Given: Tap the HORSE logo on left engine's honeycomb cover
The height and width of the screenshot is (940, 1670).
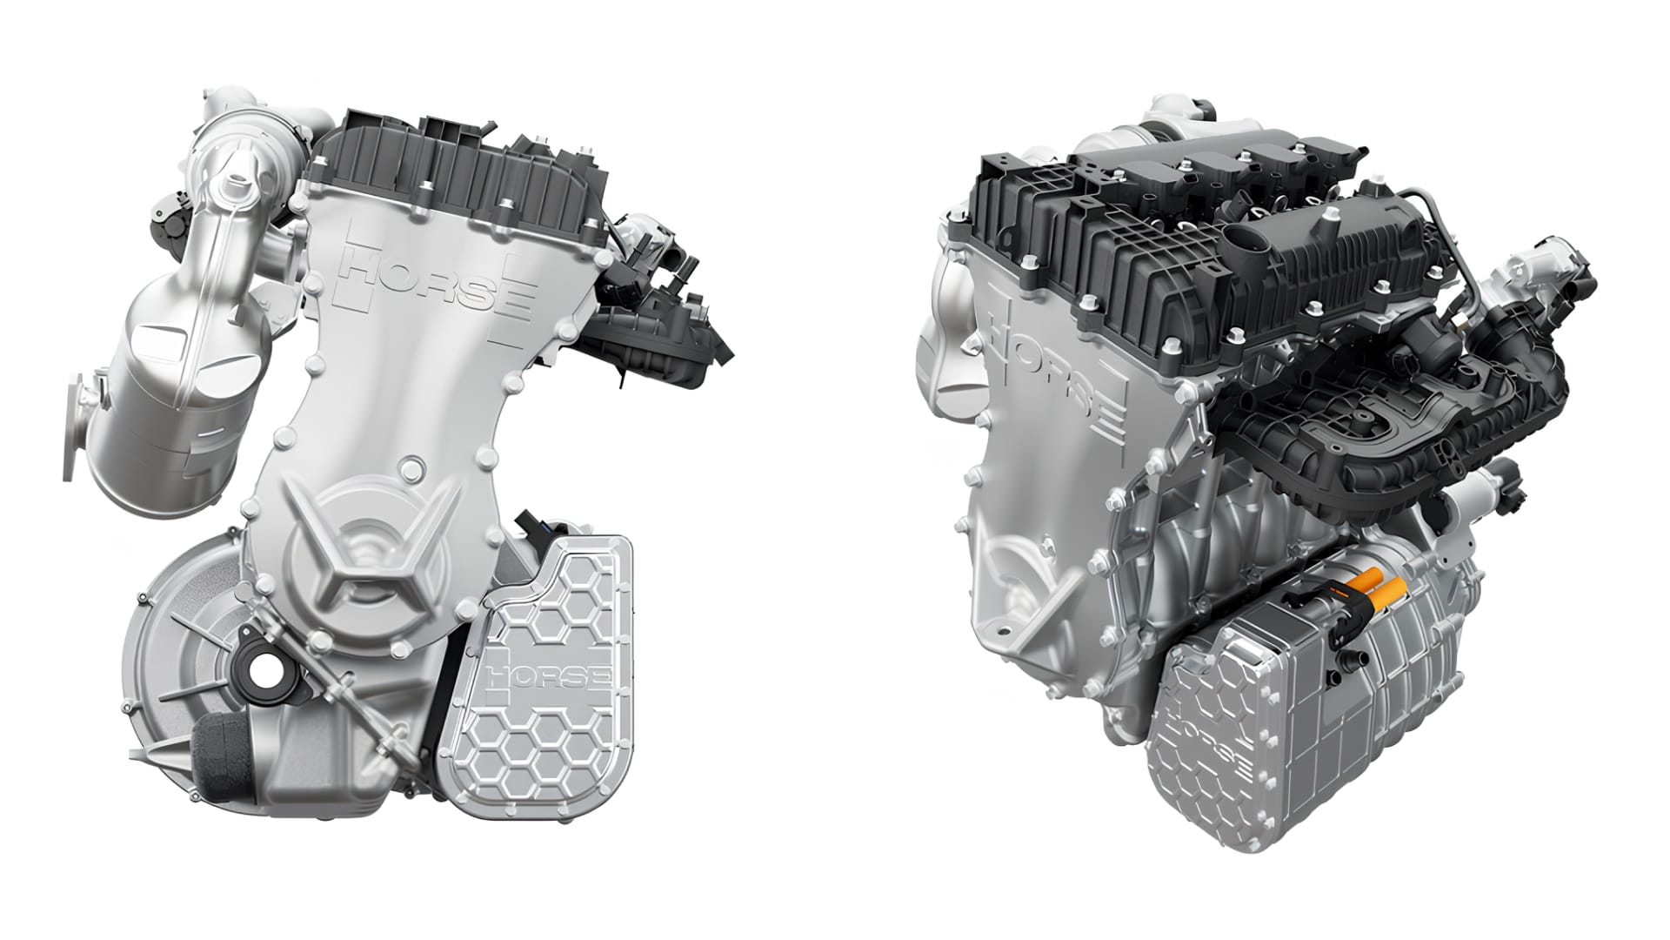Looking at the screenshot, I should [x=550, y=675].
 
